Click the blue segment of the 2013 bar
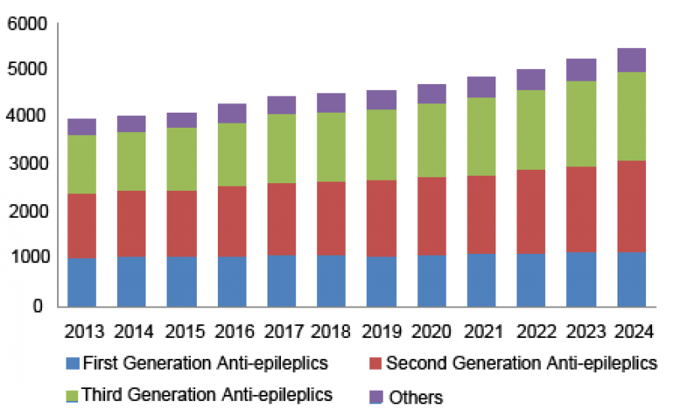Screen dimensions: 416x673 coord(82,282)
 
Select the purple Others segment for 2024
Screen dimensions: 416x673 coord(631,60)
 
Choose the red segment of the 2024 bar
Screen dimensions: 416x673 coord(631,206)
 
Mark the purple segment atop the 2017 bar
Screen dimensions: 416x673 coord(283,104)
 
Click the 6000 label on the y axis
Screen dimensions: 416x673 coord(26,25)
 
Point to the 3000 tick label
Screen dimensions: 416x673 coord(26,165)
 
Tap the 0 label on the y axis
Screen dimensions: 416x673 coord(38,307)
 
